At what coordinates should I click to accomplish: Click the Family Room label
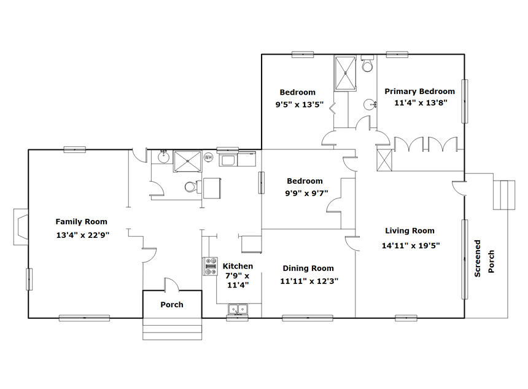pyautogui.click(x=81, y=222)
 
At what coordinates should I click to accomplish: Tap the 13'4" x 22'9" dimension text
pyautogui.click(x=83, y=235)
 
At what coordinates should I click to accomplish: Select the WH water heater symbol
pyautogui.click(x=209, y=157)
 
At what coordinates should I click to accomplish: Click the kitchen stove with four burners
pyautogui.click(x=210, y=266)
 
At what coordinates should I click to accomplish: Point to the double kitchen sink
pyautogui.click(x=238, y=308)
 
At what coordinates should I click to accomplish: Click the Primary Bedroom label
pyautogui.click(x=419, y=92)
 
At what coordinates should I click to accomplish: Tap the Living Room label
pyautogui.click(x=410, y=231)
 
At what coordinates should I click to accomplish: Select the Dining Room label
pyautogui.click(x=308, y=269)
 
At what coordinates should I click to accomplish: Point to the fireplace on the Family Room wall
pyautogui.click(x=20, y=227)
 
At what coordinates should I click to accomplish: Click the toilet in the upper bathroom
pyautogui.click(x=367, y=64)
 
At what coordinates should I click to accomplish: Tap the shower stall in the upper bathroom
pyautogui.click(x=345, y=74)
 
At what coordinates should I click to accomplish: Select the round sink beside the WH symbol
pyautogui.click(x=164, y=157)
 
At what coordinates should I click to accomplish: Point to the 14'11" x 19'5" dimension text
pyautogui.click(x=411, y=245)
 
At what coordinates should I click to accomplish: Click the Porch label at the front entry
pyautogui.click(x=172, y=305)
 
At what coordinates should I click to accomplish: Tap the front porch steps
pyautogui.click(x=172, y=329)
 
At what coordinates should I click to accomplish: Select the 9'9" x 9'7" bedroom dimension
pyautogui.click(x=306, y=194)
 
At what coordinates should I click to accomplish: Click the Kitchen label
pyautogui.click(x=238, y=266)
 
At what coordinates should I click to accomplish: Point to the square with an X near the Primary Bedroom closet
pyautogui.click(x=384, y=160)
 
